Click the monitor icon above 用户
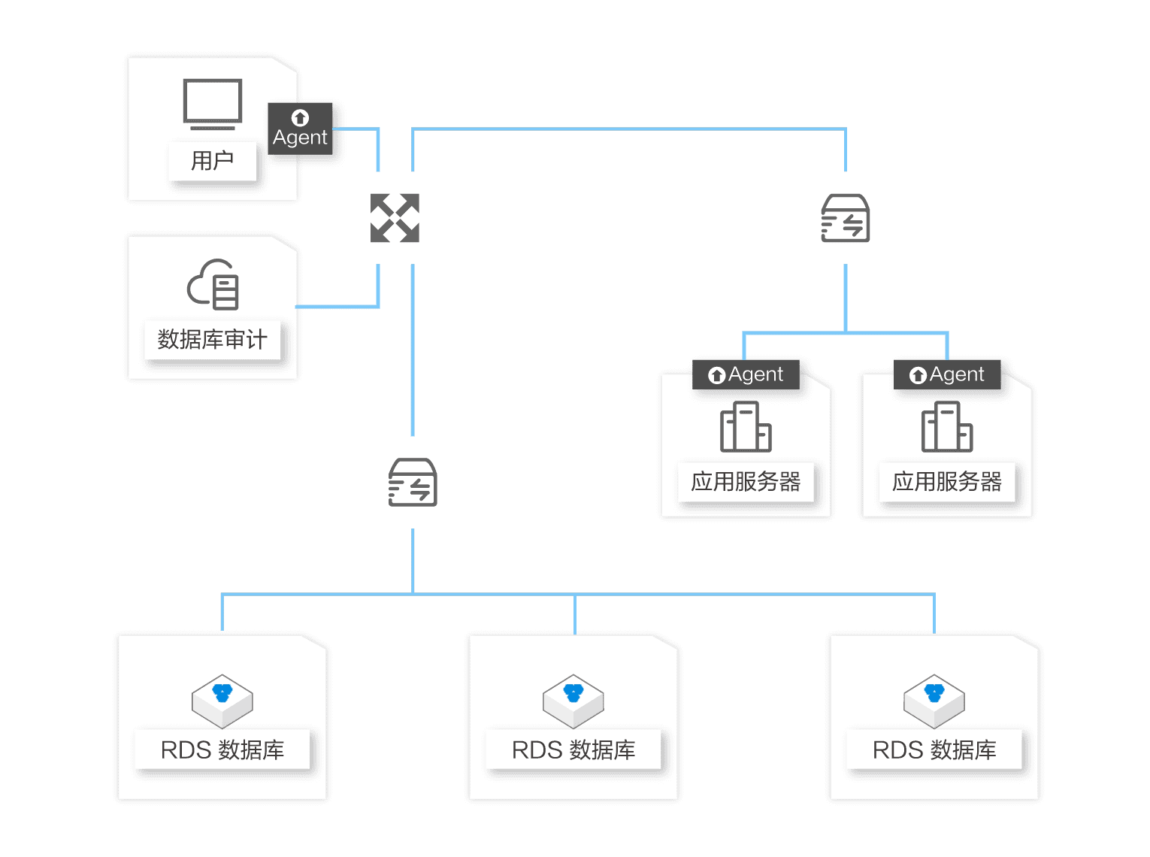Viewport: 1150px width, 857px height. [x=212, y=104]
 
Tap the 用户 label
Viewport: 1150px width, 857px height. [x=212, y=160]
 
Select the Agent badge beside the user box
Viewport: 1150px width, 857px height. [x=300, y=128]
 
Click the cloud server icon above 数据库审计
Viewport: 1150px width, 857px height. [x=213, y=284]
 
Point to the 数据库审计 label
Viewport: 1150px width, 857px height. [x=212, y=339]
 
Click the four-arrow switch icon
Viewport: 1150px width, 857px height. [x=395, y=218]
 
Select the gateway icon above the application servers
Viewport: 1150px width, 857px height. [x=845, y=218]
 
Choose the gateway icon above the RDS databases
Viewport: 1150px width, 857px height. [x=413, y=482]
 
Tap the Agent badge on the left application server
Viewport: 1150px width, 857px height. [x=746, y=374]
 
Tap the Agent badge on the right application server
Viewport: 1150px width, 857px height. [x=947, y=374]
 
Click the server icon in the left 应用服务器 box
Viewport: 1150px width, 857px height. [x=746, y=426]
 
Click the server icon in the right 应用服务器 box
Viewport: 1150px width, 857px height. [x=947, y=426]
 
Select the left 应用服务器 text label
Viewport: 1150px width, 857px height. [x=746, y=481]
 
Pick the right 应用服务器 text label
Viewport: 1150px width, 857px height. [x=947, y=481]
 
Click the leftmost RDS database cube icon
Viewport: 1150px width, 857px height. [x=222, y=701]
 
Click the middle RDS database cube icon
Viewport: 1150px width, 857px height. [x=573, y=701]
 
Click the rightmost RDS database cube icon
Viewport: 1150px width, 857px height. [x=934, y=701]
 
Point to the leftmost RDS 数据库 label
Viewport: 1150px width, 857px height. [x=222, y=749]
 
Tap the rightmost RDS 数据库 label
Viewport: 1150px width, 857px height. [x=934, y=749]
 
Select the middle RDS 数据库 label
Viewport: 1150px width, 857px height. [x=573, y=749]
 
